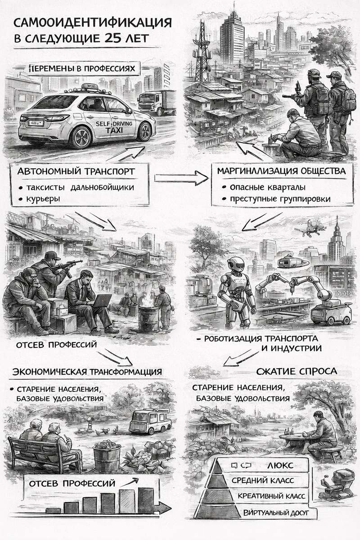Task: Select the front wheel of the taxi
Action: click(x=81, y=137)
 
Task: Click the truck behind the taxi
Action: click(x=156, y=101)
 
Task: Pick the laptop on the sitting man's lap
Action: click(x=103, y=301)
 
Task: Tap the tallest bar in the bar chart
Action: click(x=145, y=500)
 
